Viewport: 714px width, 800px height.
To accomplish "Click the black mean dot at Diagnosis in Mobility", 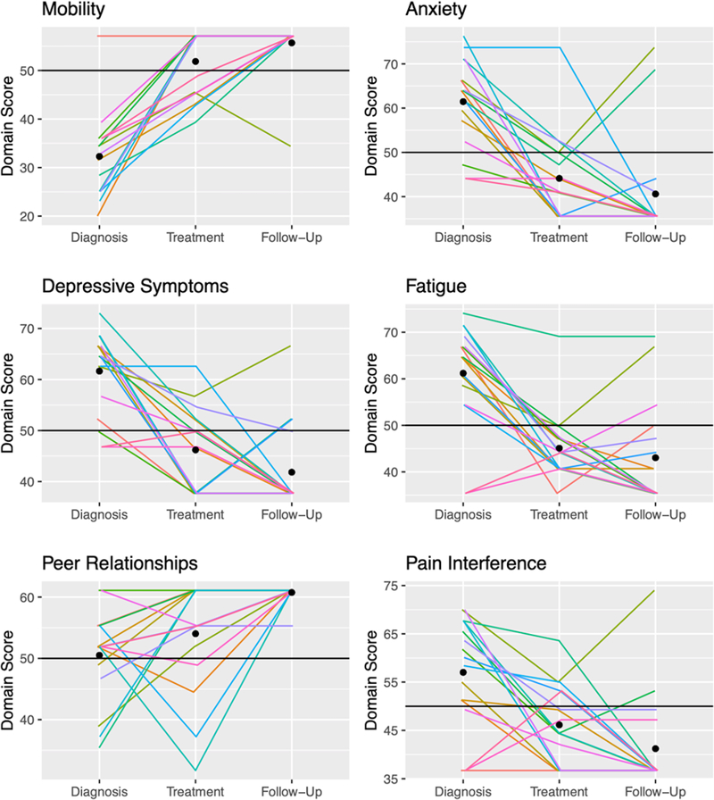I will [99, 156].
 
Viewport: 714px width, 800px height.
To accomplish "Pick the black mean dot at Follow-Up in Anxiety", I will [655, 194].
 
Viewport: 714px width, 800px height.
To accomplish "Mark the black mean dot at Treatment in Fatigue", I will [559, 448].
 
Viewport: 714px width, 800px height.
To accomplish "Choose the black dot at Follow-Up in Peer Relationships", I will [292, 593].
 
